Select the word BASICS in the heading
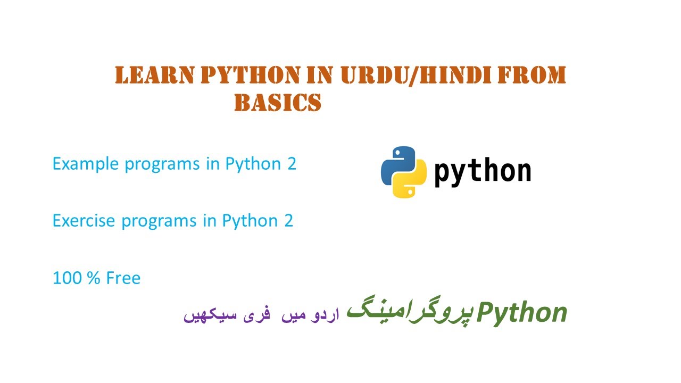278,103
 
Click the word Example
86,164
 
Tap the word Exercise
84,221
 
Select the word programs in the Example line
162,164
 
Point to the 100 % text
77,278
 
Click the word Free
123,278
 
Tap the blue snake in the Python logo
396,162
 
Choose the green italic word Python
522,312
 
